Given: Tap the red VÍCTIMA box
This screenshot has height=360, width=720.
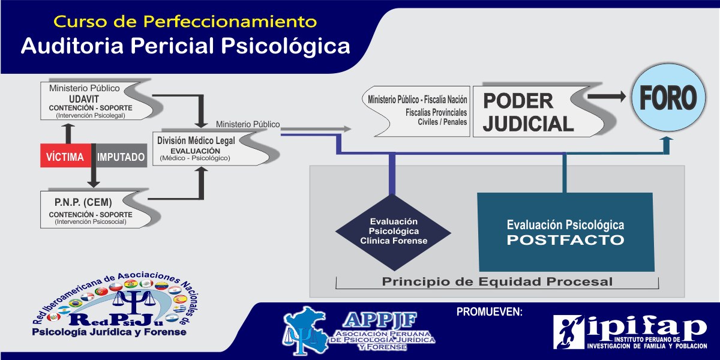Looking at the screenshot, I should click(65, 157).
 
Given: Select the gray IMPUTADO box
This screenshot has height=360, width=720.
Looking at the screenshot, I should click(121, 157).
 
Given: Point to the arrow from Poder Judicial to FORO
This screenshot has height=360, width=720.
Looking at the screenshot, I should click(607, 95).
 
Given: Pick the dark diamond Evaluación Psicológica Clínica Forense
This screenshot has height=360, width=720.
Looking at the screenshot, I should click(394, 232).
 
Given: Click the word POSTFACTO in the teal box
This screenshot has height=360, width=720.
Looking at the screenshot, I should click(565, 240).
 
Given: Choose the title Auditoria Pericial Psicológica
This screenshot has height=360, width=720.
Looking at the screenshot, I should click(185, 46).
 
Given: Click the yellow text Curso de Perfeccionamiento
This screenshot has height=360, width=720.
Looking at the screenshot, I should click(185, 22).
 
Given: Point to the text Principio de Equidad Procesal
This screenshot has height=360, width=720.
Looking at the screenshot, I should click(497, 281).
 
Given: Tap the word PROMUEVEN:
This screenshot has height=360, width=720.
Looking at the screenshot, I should click(490, 311).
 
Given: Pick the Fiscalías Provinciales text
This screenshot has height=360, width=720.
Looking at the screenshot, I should click(436, 112).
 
